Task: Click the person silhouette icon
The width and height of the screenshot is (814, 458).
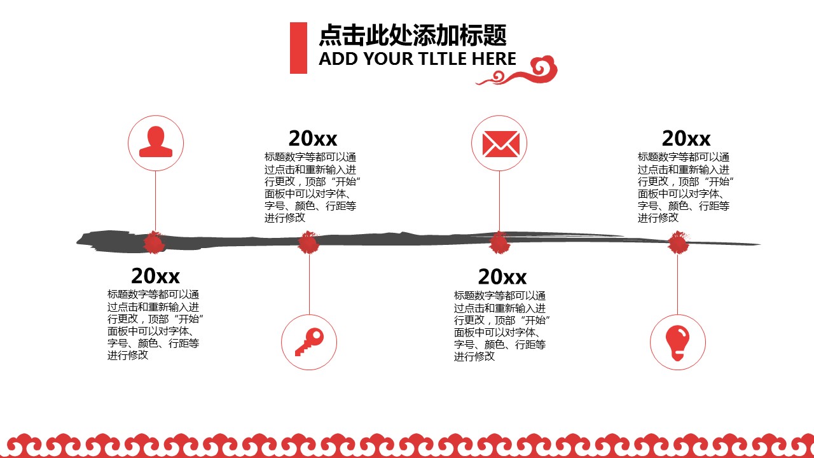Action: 156,142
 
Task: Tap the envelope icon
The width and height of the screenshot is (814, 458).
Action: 501,144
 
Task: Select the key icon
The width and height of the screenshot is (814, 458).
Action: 309,342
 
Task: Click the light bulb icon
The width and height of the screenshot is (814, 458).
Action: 677,343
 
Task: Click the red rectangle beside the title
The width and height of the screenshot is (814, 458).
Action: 298,48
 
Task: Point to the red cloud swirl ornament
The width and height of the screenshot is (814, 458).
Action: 517,71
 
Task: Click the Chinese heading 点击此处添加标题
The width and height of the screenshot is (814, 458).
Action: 413,35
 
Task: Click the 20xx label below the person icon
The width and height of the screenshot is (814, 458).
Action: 156,275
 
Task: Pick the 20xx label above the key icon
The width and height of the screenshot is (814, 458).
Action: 313,138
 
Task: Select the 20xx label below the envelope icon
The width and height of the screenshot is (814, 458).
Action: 502,277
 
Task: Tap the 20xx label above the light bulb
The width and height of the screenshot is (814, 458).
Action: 686,138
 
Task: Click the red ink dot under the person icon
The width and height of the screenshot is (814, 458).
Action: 154,242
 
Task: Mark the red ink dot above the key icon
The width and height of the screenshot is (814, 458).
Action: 308,242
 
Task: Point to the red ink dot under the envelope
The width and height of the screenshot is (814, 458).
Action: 499,242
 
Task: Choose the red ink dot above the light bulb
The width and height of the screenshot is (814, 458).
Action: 678,242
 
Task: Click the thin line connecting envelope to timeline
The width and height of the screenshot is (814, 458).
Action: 499,201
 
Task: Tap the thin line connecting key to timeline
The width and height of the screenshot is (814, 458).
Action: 309,284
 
